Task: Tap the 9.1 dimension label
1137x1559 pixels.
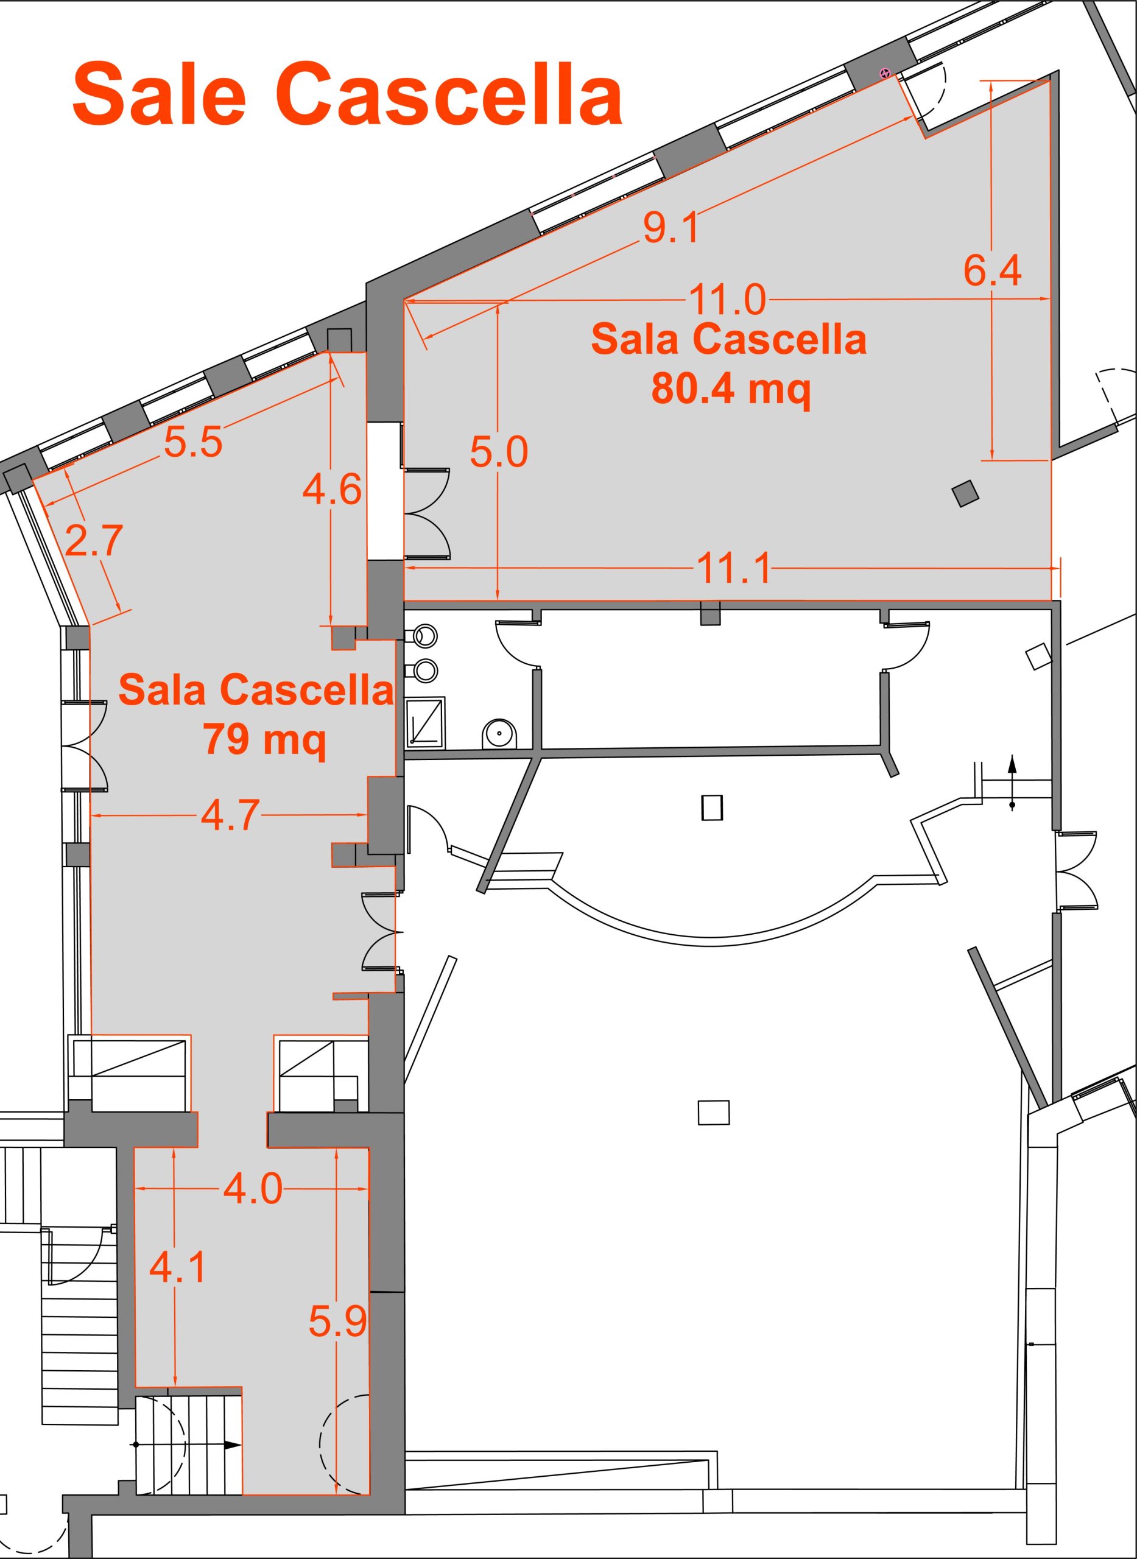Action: [671, 228]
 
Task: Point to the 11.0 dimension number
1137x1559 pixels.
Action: [727, 300]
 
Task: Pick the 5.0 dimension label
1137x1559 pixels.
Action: [499, 452]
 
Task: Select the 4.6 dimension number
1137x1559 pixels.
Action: [332, 490]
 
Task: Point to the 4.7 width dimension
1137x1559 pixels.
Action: [230, 815]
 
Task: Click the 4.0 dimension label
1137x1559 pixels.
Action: [253, 1189]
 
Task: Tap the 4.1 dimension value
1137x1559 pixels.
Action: [178, 1268]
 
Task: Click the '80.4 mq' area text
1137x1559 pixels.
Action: [731, 390]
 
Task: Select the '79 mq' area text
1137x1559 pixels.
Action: [264, 741]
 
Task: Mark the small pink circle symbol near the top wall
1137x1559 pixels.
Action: [885, 72]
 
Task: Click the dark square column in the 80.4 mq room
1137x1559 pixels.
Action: [965, 493]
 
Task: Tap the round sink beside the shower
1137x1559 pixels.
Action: [496, 734]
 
